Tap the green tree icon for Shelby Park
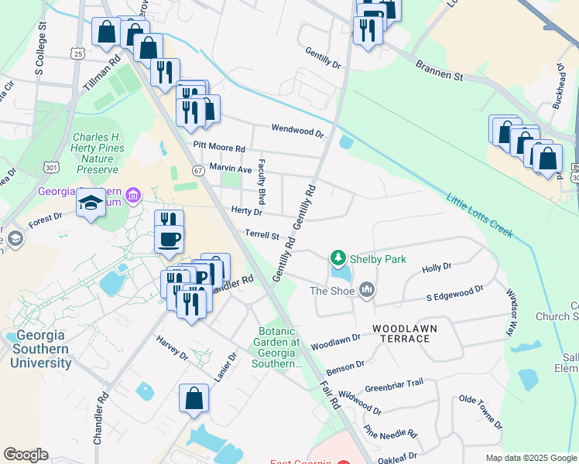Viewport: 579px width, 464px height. click(x=337, y=258)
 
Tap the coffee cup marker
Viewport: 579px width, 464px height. click(x=169, y=238)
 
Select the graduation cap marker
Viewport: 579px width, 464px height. click(x=91, y=203)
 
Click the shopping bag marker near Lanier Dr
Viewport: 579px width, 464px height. click(x=194, y=399)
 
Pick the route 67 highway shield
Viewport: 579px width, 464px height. click(x=199, y=170)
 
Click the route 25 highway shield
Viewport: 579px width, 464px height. click(x=76, y=53)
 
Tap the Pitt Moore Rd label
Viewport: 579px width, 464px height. click(x=219, y=147)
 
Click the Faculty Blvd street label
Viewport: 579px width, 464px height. click(x=262, y=176)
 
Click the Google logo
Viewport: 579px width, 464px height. click(x=26, y=455)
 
